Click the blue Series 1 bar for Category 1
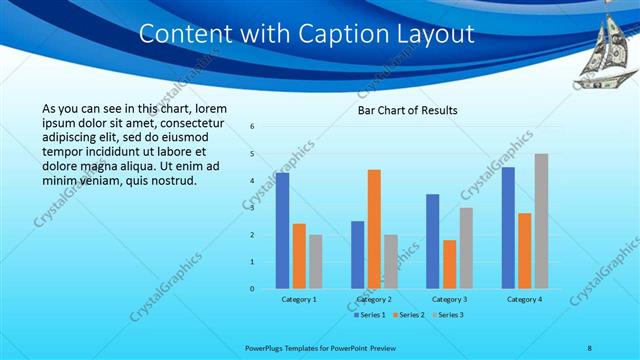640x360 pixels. point(282,231)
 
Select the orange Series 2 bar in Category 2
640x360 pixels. point(374,229)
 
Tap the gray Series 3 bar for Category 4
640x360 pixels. point(541,221)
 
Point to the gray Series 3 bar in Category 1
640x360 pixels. point(316,262)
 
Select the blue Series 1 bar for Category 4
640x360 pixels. point(508,228)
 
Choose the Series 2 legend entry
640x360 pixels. point(408,315)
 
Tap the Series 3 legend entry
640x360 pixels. point(447,315)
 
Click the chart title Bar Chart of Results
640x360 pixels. point(407,110)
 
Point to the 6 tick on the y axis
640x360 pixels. point(252,127)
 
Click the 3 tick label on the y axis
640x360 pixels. point(252,208)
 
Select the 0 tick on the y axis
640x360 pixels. point(252,289)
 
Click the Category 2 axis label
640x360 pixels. point(374,299)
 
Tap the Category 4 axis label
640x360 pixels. point(524,299)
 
